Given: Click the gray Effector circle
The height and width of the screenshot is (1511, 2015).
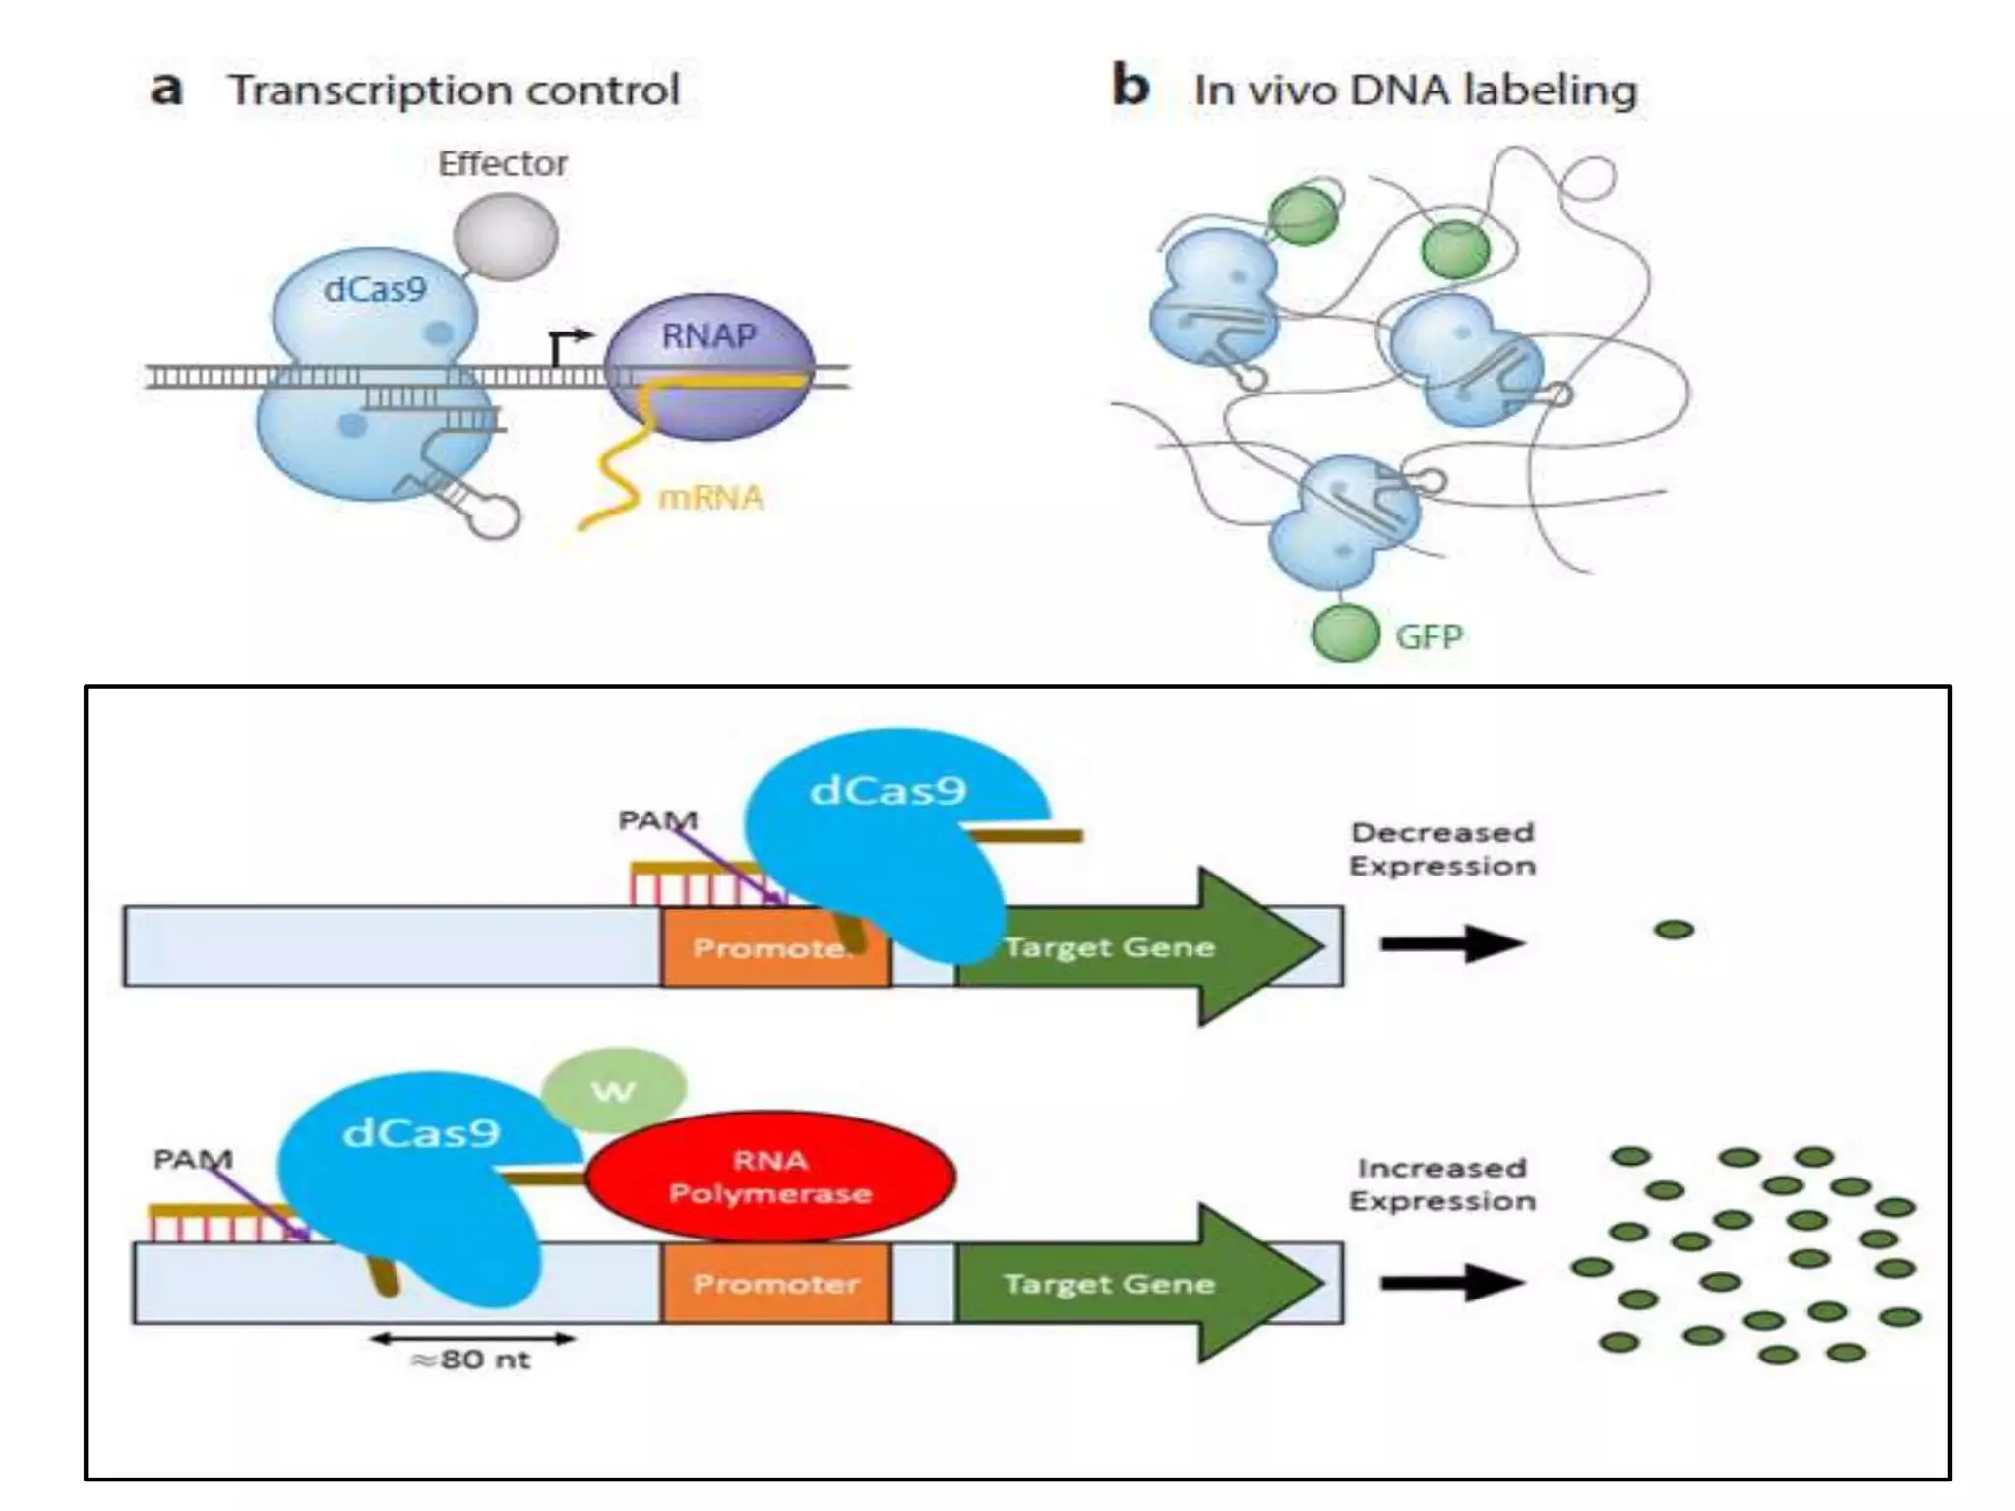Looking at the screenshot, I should (506, 237).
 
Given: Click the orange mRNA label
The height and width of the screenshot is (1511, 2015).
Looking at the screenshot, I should (710, 498).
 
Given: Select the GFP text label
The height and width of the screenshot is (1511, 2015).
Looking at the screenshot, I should (1429, 636).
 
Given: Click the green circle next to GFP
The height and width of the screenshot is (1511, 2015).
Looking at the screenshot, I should (1345, 633).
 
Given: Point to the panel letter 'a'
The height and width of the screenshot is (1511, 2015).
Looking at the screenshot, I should (166, 89).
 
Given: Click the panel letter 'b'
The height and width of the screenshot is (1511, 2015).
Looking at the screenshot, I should (1130, 86).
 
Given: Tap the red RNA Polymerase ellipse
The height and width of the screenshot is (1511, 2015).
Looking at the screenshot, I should (770, 1177).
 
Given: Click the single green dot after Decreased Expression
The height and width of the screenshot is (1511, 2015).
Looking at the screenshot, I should (1674, 929).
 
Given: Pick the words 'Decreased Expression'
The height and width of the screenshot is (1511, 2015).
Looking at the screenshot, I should (1441, 849).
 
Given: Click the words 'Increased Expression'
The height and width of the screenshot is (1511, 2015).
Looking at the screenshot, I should (1441, 1184).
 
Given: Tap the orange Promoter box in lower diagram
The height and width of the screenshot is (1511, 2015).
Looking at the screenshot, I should (775, 1283).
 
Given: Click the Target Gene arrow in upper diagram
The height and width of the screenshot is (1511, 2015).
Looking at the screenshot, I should (1131, 946).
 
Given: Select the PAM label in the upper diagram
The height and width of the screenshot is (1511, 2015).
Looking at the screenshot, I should (657, 819).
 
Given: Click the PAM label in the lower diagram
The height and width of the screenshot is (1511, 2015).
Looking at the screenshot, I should (193, 1159).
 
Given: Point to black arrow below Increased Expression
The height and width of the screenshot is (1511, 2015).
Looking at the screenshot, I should (1451, 1282).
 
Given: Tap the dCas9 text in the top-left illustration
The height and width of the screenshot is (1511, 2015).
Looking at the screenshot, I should (375, 289).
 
